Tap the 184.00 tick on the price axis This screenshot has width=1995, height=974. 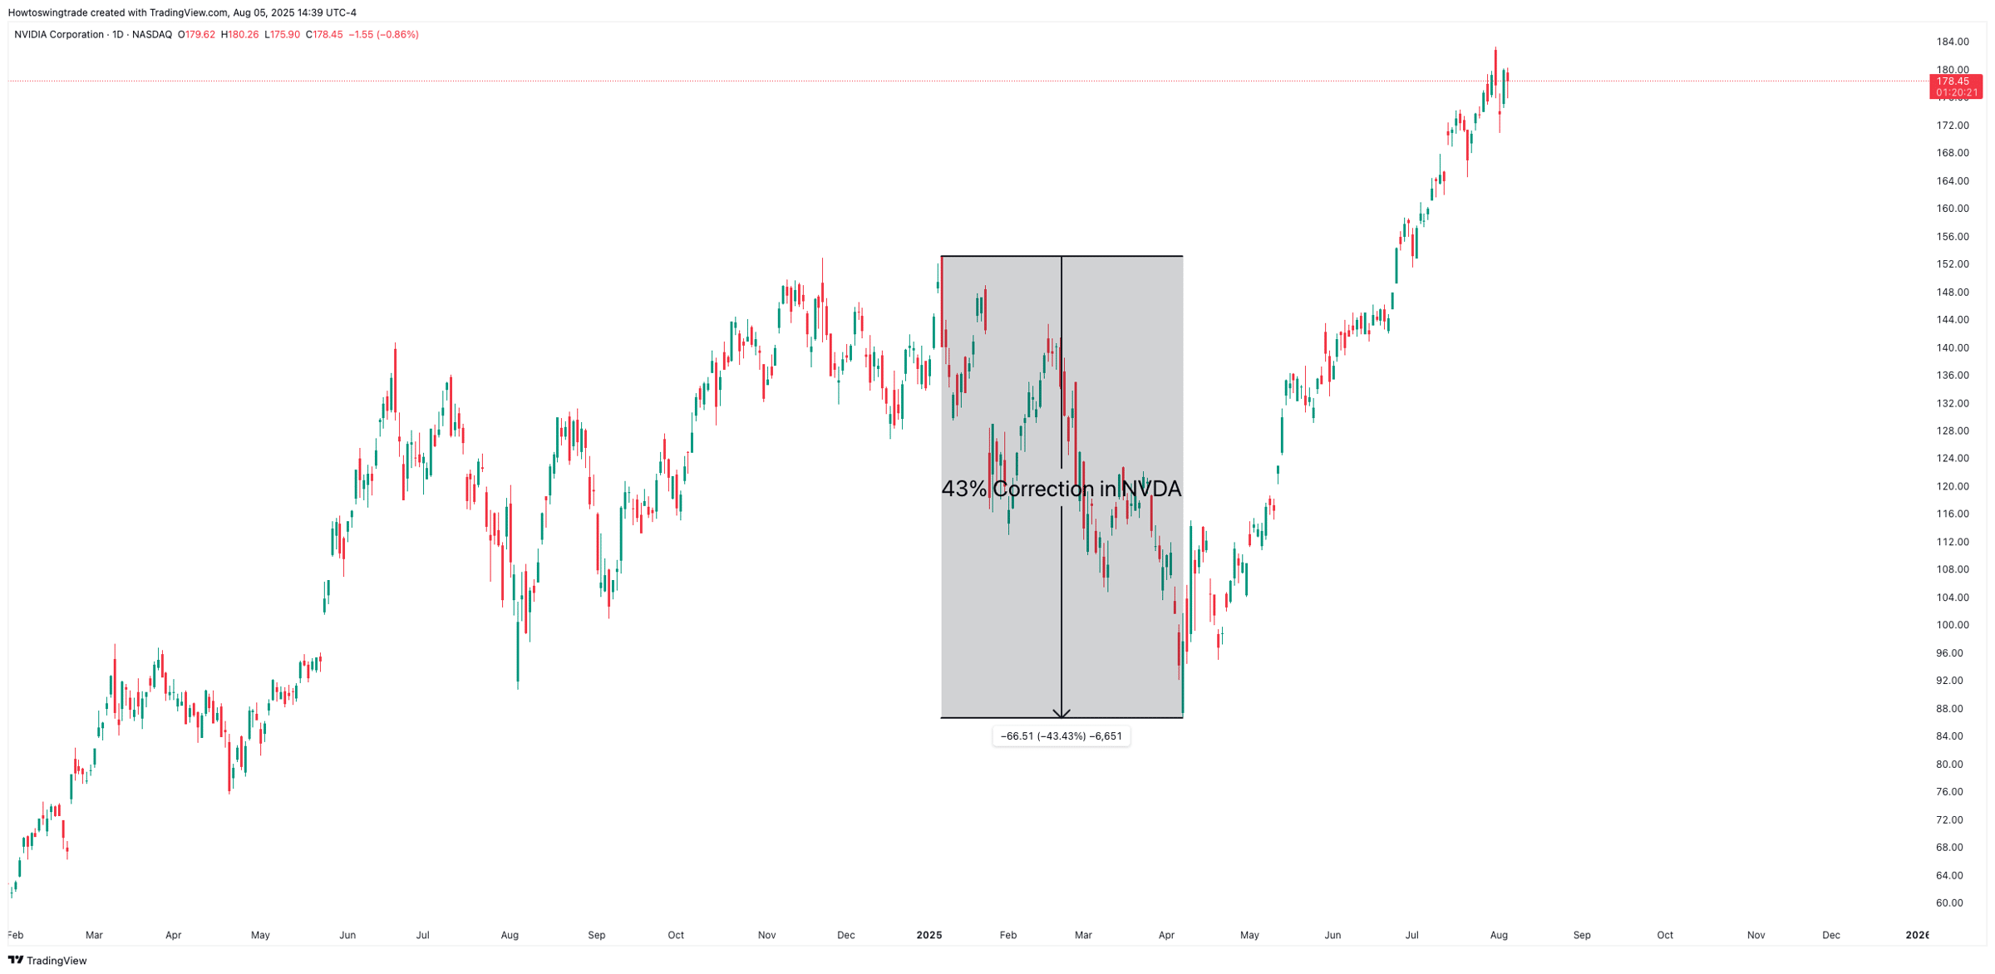[x=1953, y=42]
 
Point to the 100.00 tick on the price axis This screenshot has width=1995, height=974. [x=1953, y=625]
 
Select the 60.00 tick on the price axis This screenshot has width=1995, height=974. [x=1949, y=903]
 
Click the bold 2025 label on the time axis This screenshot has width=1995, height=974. [x=929, y=935]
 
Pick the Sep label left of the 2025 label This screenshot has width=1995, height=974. [x=596, y=935]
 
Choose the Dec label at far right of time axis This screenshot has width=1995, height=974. [x=1830, y=935]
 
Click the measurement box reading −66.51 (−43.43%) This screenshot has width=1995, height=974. [x=1061, y=736]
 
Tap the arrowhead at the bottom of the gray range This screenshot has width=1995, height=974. [x=1062, y=713]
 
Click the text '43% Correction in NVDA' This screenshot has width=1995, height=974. [x=1061, y=489]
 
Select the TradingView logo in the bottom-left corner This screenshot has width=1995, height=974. [x=47, y=961]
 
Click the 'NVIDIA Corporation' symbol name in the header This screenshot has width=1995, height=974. [x=59, y=35]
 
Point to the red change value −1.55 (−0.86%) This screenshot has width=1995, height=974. [x=383, y=35]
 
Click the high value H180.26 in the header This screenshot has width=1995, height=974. [x=240, y=35]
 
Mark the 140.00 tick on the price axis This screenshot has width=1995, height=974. [x=1953, y=347]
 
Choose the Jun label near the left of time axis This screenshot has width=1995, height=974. [x=347, y=935]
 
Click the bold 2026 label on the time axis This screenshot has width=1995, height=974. [x=1916, y=935]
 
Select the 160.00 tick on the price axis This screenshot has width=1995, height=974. [x=1953, y=209]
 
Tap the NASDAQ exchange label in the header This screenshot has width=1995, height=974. [x=152, y=35]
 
